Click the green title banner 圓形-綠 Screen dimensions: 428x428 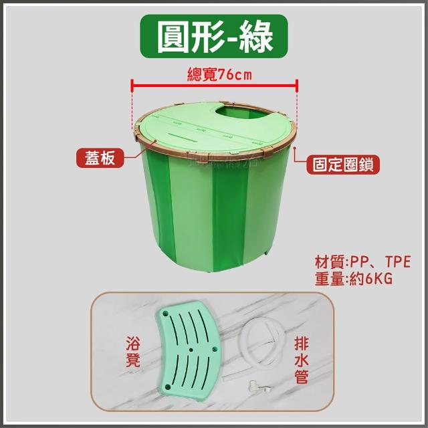214,36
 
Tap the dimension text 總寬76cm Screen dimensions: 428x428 219,74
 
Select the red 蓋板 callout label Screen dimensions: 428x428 100,158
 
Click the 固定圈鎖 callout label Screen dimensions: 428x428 343,165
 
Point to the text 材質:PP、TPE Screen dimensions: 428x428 362,262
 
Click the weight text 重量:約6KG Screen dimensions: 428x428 354,279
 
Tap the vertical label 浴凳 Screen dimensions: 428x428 133,352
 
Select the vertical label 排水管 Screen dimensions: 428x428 302,360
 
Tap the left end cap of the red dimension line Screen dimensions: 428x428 132,85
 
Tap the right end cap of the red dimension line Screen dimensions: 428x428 297,85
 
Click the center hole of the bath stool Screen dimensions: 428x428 191,350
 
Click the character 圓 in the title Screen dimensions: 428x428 174,37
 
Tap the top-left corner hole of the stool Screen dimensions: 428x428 165,314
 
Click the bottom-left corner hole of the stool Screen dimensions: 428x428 168,387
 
